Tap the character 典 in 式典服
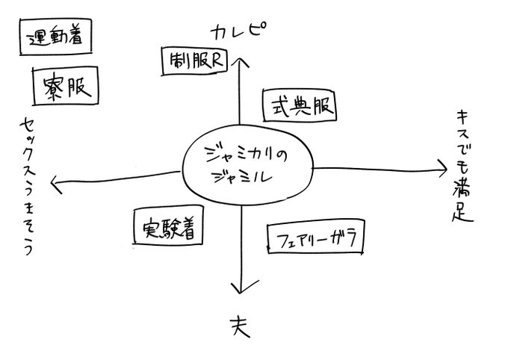[300, 107]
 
